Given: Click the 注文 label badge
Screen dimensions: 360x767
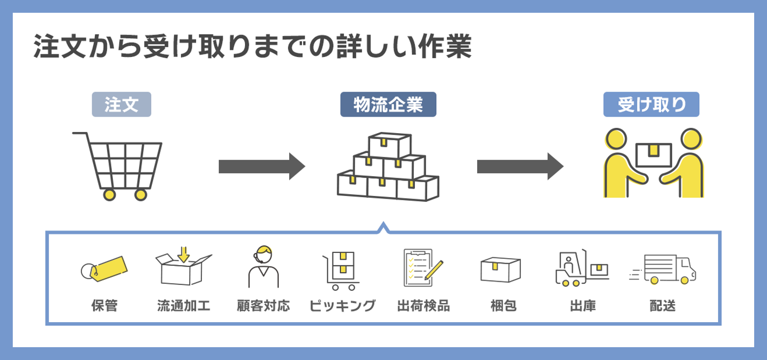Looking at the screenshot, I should [x=121, y=105].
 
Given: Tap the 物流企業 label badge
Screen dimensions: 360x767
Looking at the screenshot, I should [x=388, y=105].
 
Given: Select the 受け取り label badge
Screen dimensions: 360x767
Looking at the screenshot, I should [x=651, y=105].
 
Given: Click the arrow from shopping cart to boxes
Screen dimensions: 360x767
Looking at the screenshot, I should [x=262, y=166].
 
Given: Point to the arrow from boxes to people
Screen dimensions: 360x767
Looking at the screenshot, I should [x=520, y=166].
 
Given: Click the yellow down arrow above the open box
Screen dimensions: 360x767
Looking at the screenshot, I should [x=184, y=254].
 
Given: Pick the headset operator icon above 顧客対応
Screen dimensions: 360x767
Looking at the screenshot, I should [x=264, y=266].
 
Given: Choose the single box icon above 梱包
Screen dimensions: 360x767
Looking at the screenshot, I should [x=500, y=269].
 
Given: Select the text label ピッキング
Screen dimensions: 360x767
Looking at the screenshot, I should [x=342, y=306].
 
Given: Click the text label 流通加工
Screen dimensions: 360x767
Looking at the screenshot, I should [x=184, y=306].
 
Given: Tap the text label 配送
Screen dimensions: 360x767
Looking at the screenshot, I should [x=663, y=306].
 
